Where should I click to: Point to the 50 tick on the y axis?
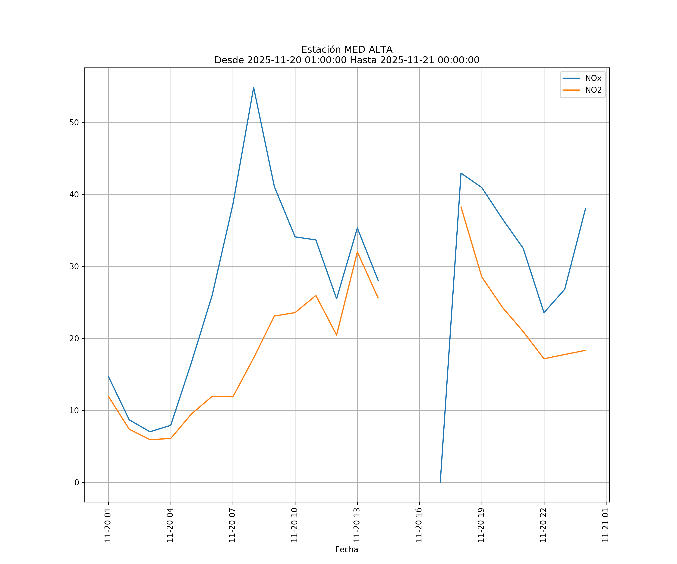point(74,122)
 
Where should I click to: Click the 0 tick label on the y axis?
point(77,482)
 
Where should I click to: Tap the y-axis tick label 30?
point(74,267)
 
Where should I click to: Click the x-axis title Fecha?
point(347,550)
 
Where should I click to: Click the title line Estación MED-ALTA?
point(347,50)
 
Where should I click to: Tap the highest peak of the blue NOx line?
point(254,87)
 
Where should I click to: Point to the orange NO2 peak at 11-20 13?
point(357,252)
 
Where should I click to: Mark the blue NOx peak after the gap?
point(461,173)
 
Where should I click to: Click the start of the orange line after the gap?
point(461,207)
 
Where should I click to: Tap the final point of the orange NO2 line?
point(585,350)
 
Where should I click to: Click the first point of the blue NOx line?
point(108,376)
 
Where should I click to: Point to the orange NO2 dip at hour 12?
point(337,335)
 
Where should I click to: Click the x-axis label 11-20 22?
point(543,525)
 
